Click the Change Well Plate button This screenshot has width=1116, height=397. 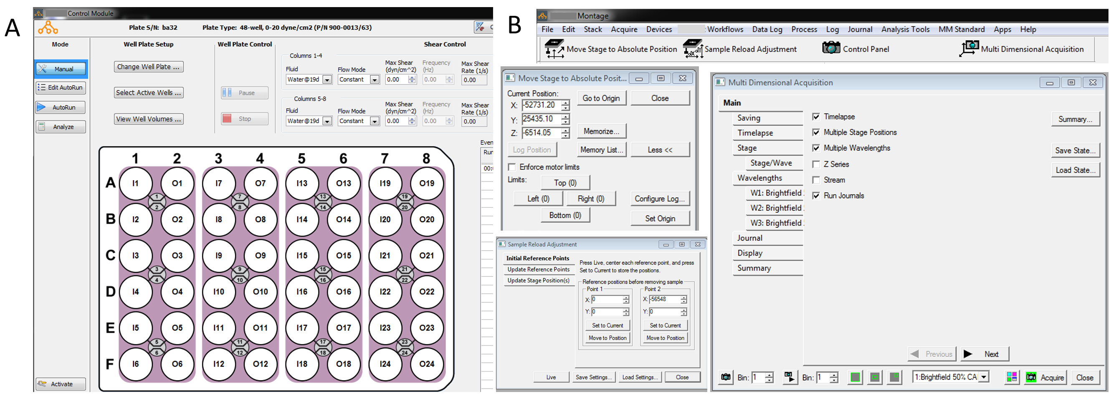point(149,67)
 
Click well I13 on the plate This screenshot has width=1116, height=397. point(302,183)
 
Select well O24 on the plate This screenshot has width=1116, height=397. point(427,364)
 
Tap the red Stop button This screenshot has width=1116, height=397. point(245,118)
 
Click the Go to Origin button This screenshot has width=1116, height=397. point(601,98)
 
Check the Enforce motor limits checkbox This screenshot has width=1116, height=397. point(512,167)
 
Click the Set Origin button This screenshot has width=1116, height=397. point(660,219)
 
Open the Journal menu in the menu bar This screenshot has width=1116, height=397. point(860,30)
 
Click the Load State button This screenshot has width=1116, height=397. point(1075,170)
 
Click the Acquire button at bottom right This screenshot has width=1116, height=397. point(1045,377)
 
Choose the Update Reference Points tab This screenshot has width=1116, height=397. point(539,269)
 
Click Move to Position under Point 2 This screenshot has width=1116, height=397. point(665,338)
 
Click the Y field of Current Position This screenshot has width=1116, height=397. point(542,119)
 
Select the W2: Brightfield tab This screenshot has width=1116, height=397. point(775,208)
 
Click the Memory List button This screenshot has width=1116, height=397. point(602,150)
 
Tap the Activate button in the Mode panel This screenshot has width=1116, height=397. point(61,384)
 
